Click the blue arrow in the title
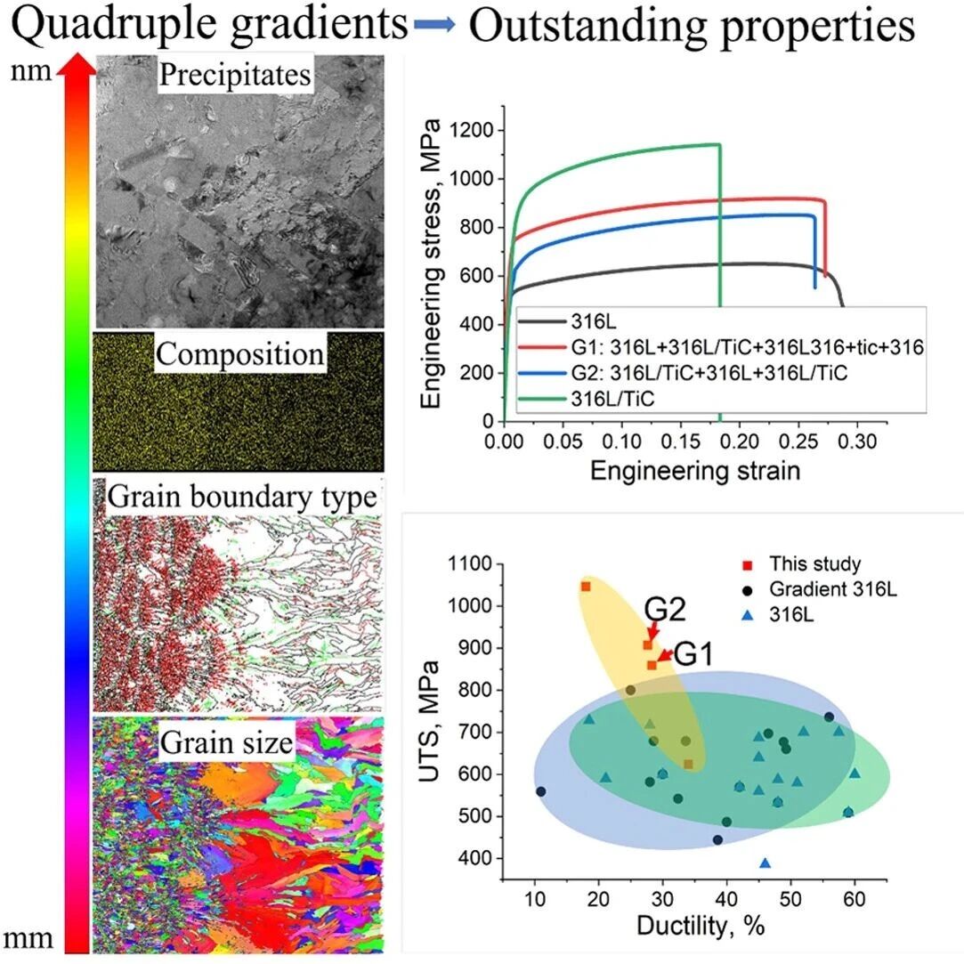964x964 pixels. point(434,25)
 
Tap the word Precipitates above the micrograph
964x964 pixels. point(235,75)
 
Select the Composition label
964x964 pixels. point(239,354)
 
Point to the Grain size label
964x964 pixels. point(226,742)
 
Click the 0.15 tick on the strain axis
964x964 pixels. point(680,441)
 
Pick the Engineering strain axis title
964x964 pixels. point(695,471)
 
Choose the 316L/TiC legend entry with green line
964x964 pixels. point(587,399)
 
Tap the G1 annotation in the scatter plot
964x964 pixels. point(693,654)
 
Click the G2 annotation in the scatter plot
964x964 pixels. point(665,610)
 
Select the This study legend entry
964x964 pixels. point(802,563)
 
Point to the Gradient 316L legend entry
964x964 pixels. point(820,589)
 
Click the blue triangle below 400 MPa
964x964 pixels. point(765,863)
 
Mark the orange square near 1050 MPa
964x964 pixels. point(586,587)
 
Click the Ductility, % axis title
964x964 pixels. point(701,926)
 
